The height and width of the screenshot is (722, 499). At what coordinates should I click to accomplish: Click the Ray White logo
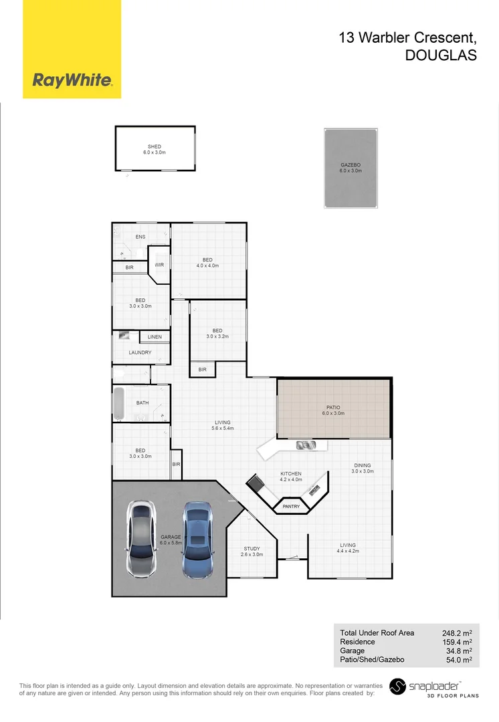(72, 81)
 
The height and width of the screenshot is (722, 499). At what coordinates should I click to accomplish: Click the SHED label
(155, 146)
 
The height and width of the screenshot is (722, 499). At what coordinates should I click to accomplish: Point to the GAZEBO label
(351, 164)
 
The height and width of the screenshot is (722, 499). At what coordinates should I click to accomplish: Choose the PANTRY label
(291, 507)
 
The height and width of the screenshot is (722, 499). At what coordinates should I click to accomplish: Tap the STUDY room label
(252, 549)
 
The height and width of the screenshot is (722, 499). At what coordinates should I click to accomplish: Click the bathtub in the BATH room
(119, 404)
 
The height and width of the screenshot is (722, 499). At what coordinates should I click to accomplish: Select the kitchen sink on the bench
(305, 445)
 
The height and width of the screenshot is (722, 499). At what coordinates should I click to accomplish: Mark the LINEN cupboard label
(155, 337)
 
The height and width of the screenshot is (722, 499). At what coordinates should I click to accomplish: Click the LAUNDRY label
(140, 352)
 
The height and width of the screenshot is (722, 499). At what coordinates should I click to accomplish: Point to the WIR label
(159, 265)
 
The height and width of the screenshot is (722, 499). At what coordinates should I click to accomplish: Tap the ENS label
(140, 237)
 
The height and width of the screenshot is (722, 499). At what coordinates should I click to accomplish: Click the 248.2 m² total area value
(457, 632)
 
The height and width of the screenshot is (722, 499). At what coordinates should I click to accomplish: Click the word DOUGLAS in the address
(441, 57)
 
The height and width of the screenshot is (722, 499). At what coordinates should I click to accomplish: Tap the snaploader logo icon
(399, 687)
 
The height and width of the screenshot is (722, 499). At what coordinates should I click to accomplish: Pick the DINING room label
(362, 465)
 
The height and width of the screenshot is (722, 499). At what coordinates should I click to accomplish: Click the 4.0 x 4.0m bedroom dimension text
(207, 266)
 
